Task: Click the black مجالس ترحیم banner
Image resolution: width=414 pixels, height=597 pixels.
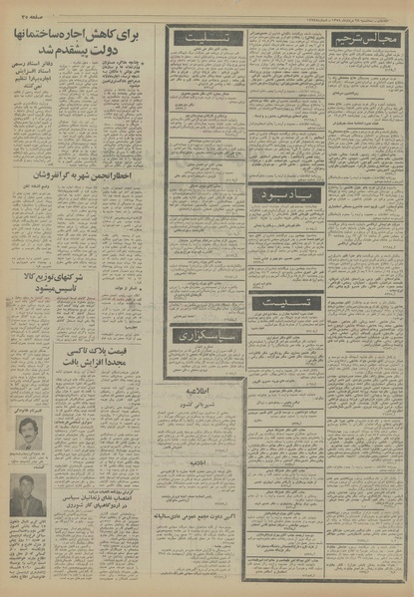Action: (375, 38)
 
